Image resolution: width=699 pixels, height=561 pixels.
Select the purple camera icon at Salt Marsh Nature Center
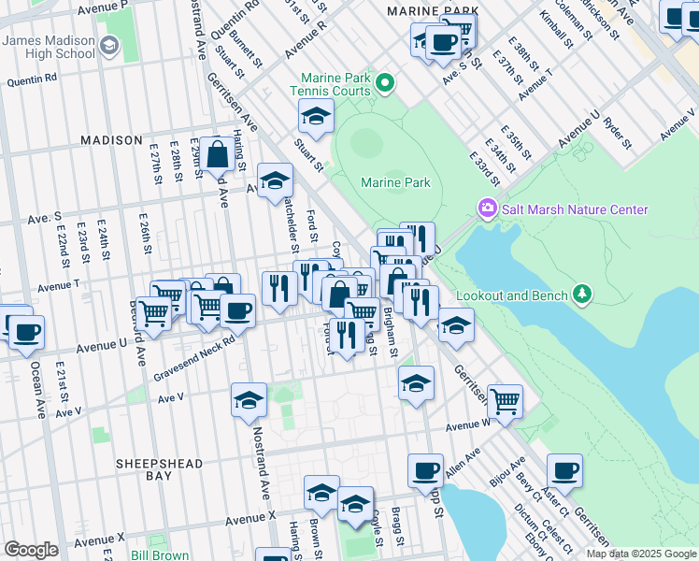pyautogui.click(x=487, y=208)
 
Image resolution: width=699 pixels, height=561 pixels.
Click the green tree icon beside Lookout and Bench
pyautogui.click(x=583, y=295)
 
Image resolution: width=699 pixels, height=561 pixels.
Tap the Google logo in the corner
pyautogui.click(x=31, y=550)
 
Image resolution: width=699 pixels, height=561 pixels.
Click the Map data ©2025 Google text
pyautogui.click(x=641, y=554)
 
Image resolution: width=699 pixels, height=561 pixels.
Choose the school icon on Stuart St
pyautogui.click(x=317, y=118)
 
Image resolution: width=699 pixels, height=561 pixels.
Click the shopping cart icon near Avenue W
pyautogui.click(x=505, y=401)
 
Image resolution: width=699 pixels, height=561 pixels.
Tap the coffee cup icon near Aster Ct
pyautogui.click(x=564, y=471)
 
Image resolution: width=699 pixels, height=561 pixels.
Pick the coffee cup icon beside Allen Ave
pyautogui.click(x=426, y=471)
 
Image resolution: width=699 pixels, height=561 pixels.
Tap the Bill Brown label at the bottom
pyautogui.click(x=161, y=554)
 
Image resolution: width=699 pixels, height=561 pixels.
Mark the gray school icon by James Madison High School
pyautogui.click(x=109, y=46)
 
